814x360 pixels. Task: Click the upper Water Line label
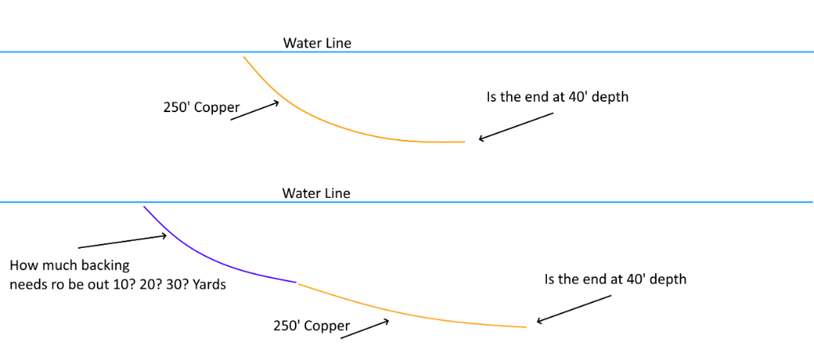coord(316,43)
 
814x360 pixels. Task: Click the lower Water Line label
coord(316,193)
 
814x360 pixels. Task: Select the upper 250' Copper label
coord(196,106)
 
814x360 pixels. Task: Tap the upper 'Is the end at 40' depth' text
coord(557,98)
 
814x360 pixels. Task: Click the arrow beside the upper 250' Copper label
coord(255,110)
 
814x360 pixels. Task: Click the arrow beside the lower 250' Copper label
coord(365,329)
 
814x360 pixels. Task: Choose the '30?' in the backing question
coord(175,284)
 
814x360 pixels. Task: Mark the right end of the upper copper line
coord(463,141)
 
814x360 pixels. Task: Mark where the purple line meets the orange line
coord(297,283)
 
